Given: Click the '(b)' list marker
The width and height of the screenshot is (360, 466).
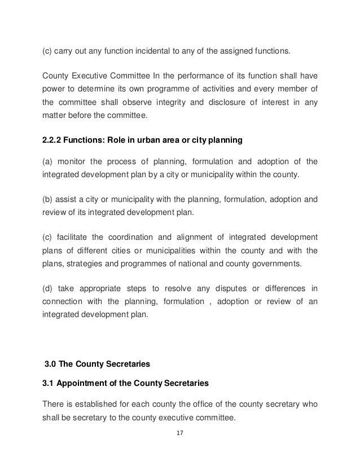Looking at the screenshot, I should [49, 199].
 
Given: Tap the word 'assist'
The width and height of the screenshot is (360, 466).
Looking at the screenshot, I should [69, 199].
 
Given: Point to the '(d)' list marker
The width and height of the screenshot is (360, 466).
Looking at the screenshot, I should [49, 288].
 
